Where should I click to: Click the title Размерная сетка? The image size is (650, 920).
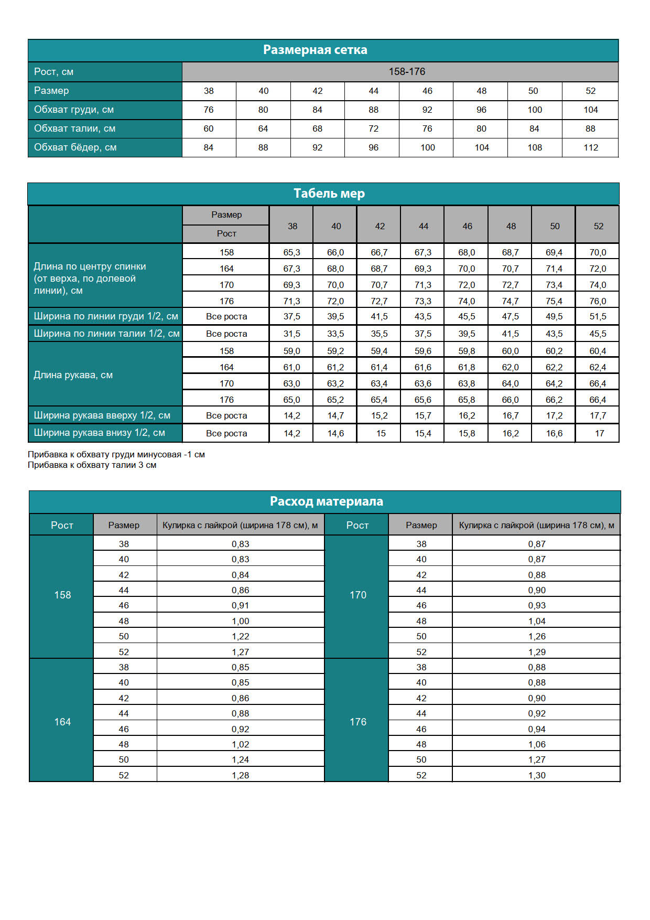point(315,50)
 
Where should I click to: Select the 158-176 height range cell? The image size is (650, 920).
point(407,72)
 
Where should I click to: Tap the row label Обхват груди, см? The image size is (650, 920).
point(74,110)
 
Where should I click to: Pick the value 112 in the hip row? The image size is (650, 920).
point(591,147)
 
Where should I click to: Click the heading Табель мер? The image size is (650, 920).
point(329,194)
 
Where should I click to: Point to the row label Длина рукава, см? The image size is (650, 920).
point(73,375)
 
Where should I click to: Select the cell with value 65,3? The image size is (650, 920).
point(291,252)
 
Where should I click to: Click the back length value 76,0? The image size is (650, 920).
point(598,301)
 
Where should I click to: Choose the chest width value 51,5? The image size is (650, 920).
point(598,316)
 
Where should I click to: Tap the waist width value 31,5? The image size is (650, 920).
point(291,334)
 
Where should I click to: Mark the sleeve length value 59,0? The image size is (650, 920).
point(291,351)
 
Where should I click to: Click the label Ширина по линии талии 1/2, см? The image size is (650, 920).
point(106,334)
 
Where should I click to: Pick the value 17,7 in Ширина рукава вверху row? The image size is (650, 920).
point(598,415)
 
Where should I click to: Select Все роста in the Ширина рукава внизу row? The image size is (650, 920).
point(226,433)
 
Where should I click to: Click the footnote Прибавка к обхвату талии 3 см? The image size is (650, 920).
point(92,465)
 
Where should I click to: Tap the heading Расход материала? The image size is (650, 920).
point(326,501)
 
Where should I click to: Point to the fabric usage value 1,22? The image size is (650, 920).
point(241,636)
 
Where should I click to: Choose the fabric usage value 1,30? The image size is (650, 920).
point(537,775)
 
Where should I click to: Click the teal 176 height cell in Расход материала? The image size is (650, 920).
point(358,722)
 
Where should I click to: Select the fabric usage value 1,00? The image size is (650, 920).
point(241,621)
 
